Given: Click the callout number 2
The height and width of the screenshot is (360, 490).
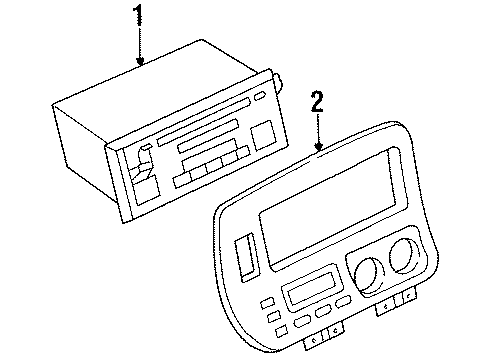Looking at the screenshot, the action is click(318, 102).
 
